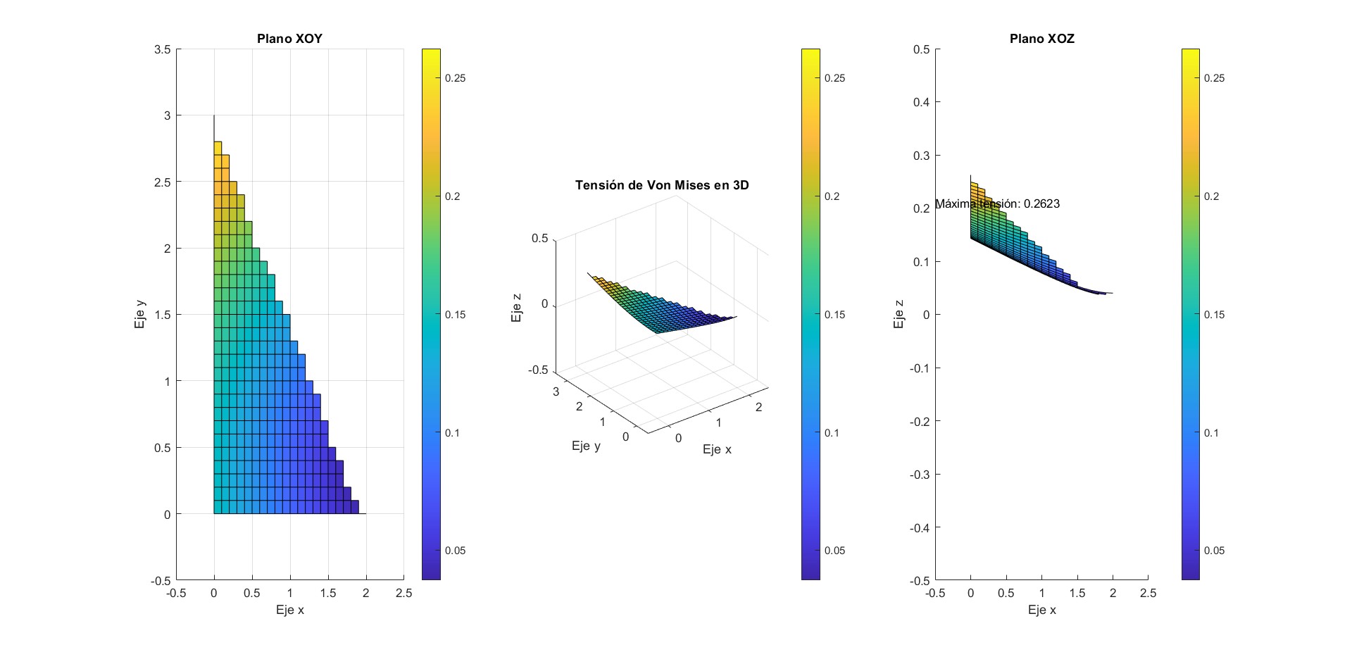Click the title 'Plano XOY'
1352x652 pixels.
pos(289,39)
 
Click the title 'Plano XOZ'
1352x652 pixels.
pos(1041,39)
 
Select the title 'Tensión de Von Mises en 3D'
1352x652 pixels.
pos(662,185)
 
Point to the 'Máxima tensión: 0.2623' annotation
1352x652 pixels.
pos(997,204)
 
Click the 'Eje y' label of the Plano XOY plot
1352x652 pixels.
pos(140,315)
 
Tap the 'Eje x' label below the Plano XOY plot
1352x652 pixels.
pos(289,610)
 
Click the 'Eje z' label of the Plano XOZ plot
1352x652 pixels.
pos(899,315)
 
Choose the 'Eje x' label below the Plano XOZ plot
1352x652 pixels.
pos(1041,610)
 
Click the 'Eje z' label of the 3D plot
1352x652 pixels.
pos(518,308)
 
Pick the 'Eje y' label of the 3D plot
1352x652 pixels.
pos(586,446)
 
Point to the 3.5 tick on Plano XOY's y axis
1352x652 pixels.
pos(163,49)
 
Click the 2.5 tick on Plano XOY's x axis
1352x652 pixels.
pos(403,594)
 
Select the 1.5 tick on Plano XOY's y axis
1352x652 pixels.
pos(163,315)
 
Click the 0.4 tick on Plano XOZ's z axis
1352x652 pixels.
pos(921,103)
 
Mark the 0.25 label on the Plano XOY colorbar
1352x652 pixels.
pos(455,78)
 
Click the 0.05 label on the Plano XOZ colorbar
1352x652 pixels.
pos(1214,551)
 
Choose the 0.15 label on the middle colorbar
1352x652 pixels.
pos(834,315)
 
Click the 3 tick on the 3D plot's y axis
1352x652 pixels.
pos(556,392)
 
